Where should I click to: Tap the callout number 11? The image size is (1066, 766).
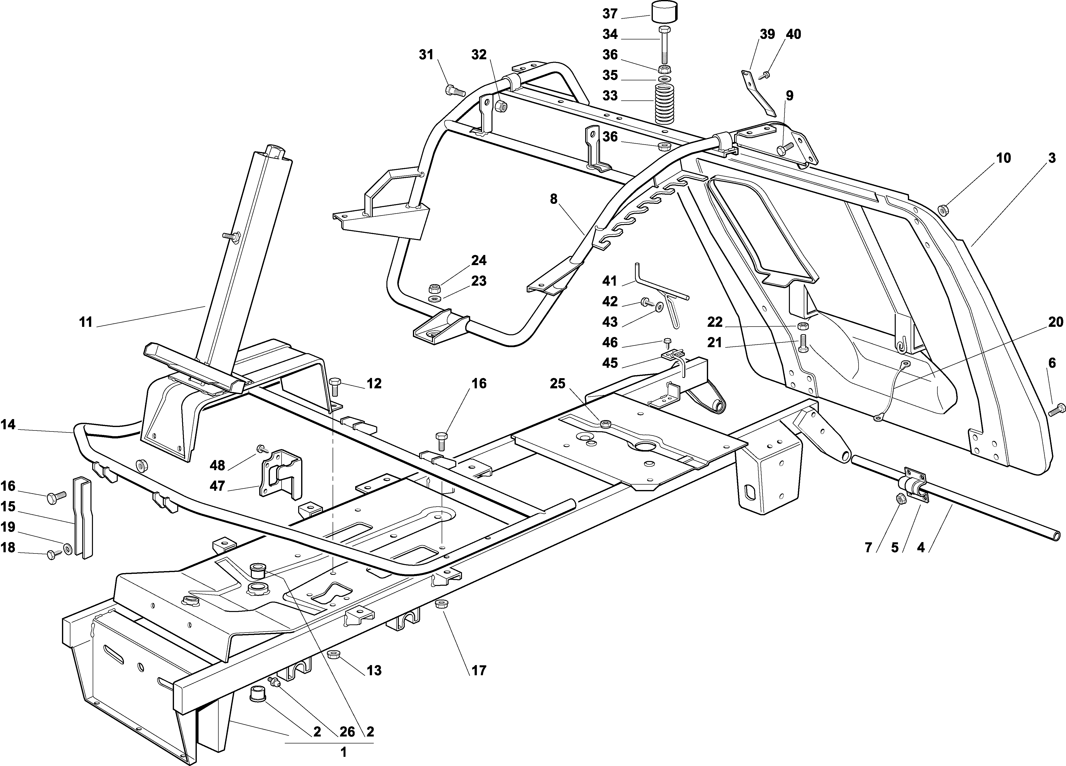point(86,323)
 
